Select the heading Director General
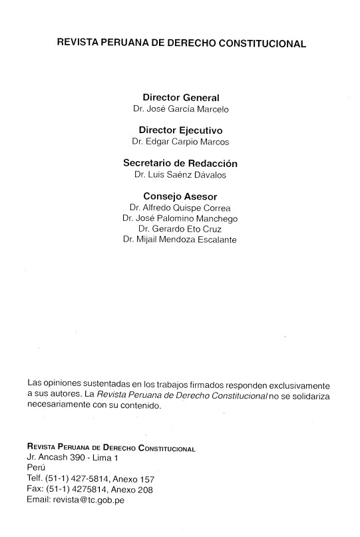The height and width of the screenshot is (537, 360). pyautogui.click(x=180, y=97)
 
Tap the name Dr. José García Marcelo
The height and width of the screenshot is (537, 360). pyautogui.click(x=180, y=109)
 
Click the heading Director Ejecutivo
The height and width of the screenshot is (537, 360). pyautogui.click(x=180, y=130)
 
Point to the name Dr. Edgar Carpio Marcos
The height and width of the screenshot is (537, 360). pyautogui.click(x=180, y=142)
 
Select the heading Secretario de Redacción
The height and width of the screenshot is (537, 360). pyautogui.click(x=180, y=163)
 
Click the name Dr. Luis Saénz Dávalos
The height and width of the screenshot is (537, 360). pyautogui.click(x=180, y=175)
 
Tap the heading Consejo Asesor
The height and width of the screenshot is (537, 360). pyautogui.click(x=180, y=196)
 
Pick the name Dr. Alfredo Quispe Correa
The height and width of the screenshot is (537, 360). pyautogui.click(x=180, y=208)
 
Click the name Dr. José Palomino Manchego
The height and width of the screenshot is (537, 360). pyautogui.click(x=180, y=218)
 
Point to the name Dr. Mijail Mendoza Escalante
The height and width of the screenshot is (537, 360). pyautogui.click(x=180, y=240)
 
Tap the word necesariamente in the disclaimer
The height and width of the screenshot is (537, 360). pyautogui.click(x=59, y=405)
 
